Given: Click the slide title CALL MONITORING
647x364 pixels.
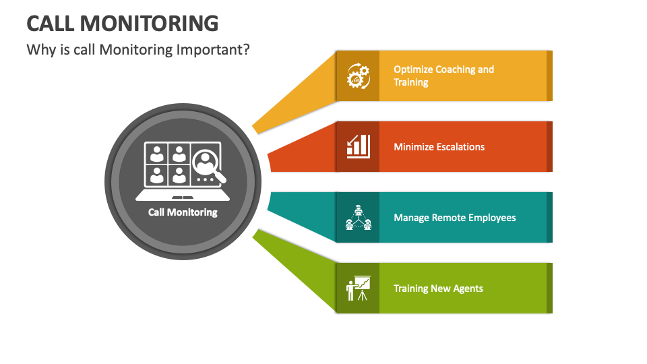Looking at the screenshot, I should [x=122, y=23].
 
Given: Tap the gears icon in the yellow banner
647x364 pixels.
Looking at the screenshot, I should [x=358, y=75].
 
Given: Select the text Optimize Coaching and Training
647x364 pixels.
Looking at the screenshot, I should [x=443, y=75].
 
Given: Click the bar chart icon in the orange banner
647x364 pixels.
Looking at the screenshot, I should [x=358, y=146].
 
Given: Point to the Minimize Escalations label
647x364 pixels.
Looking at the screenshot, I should [x=439, y=147].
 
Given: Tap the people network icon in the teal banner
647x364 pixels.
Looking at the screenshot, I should [x=358, y=217].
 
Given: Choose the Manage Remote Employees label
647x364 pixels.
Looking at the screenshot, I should [x=454, y=218].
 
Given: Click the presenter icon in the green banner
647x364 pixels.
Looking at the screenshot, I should [x=358, y=288].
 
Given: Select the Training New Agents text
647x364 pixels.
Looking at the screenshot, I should [x=438, y=289].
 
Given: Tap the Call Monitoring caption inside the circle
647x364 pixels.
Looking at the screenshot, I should [x=183, y=212].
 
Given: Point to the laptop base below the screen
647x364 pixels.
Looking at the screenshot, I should [x=183, y=196].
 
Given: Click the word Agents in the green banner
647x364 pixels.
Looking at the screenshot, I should [x=468, y=289].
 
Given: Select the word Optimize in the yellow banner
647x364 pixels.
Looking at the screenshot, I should [x=413, y=69].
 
